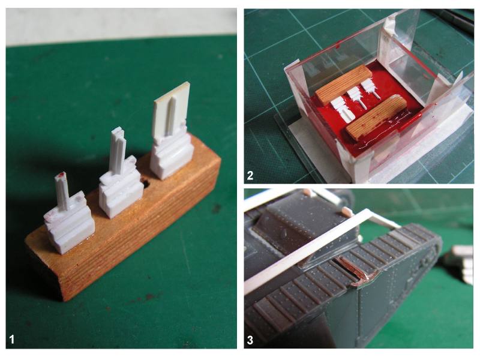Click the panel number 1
12,339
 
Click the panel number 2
250,175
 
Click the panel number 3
250,340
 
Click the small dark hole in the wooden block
146,184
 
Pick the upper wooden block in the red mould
344,83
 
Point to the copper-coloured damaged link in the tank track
356,272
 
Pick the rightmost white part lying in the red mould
370,89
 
